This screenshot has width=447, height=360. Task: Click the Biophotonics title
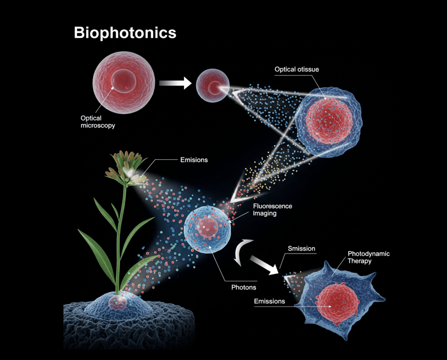pyautogui.click(x=125, y=33)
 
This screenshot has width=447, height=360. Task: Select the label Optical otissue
pyautogui.click(x=296, y=70)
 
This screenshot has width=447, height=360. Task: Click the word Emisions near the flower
pyautogui.click(x=194, y=160)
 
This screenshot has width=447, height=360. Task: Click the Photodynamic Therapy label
pyautogui.click(x=368, y=258)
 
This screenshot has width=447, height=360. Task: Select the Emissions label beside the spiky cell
pyautogui.click(x=269, y=301)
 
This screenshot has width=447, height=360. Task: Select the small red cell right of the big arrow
pyautogui.click(x=212, y=85)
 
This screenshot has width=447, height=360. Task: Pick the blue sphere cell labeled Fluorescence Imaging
pyautogui.click(x=207, y=229)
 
